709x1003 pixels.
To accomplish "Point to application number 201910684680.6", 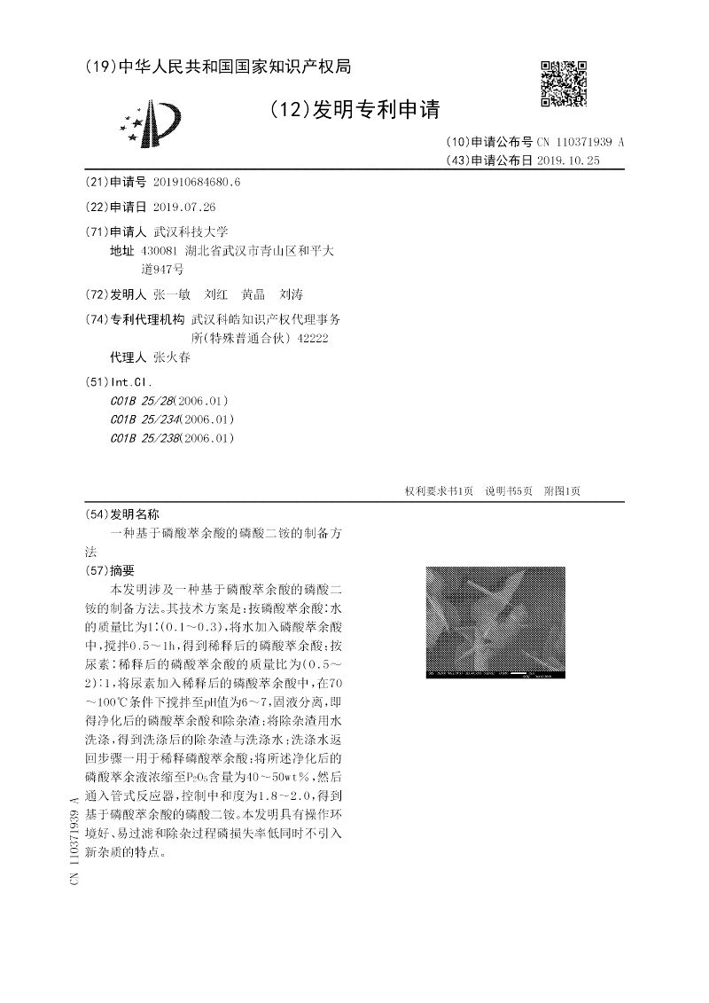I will coord(197,182).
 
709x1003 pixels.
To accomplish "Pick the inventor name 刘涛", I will coord(291,294).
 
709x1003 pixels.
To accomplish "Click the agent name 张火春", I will coord(172,357).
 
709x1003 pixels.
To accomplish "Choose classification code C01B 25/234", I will coord(145,419).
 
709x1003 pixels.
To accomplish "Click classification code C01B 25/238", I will coord(145,438).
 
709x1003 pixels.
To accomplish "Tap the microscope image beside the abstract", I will coord(495,623).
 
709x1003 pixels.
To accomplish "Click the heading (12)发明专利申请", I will coord(353,110).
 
